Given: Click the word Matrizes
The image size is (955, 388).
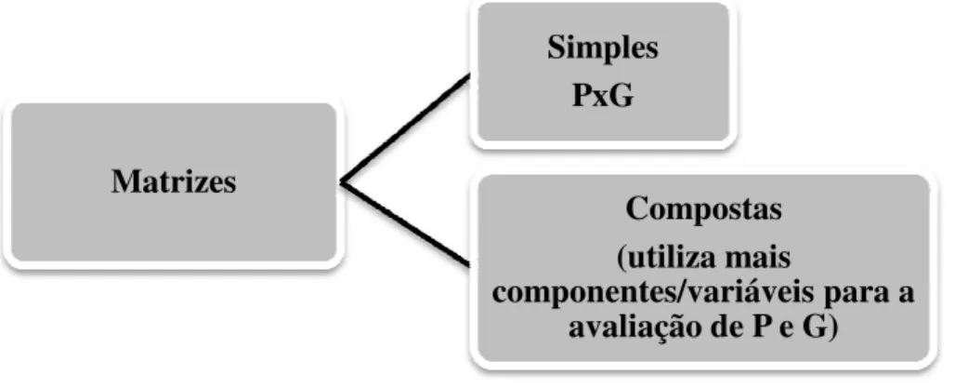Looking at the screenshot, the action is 174,181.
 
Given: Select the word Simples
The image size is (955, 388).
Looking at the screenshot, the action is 602,47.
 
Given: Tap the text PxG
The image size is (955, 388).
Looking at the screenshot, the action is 602,96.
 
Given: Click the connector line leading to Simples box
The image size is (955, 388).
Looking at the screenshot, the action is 405,128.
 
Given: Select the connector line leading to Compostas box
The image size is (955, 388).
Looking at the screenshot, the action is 405,224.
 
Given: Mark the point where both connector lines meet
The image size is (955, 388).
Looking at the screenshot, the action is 341,181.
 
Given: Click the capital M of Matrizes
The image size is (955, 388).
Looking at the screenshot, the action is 125,181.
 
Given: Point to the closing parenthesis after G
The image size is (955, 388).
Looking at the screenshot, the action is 834,329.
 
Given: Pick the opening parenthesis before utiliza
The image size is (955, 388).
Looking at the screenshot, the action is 621,259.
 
